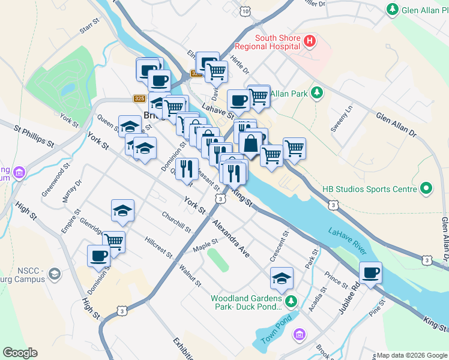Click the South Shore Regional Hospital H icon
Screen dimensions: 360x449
pyautogui.click(x=310, y=41)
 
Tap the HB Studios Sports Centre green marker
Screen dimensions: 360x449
pyautogui.click(x=426, y=189)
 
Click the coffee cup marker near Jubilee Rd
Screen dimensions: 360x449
pyautogui.click(x=370, y=273)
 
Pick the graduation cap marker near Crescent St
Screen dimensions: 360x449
pyautogui.click(x=282, y=278)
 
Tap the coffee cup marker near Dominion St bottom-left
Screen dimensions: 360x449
pyautogui.click(x=99, y=256)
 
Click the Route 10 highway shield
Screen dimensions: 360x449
pyautogui.click(x=244, y=11)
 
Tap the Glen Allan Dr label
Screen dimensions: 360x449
pyautogui.click(x=396, y=123)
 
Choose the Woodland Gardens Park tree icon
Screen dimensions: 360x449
pyautogui.click(x=291, y=301)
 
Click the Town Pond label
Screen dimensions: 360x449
pyautogui.click(x=276, y=331)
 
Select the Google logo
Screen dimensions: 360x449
pyautogui.click(x=20, y=353)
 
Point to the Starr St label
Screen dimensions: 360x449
pyautogui.click(x=88, y=28)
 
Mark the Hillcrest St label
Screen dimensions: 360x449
pyautogui.click(x=158, y=248)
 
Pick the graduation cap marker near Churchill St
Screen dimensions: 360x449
pyautogui.click(x=122, y=211)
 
